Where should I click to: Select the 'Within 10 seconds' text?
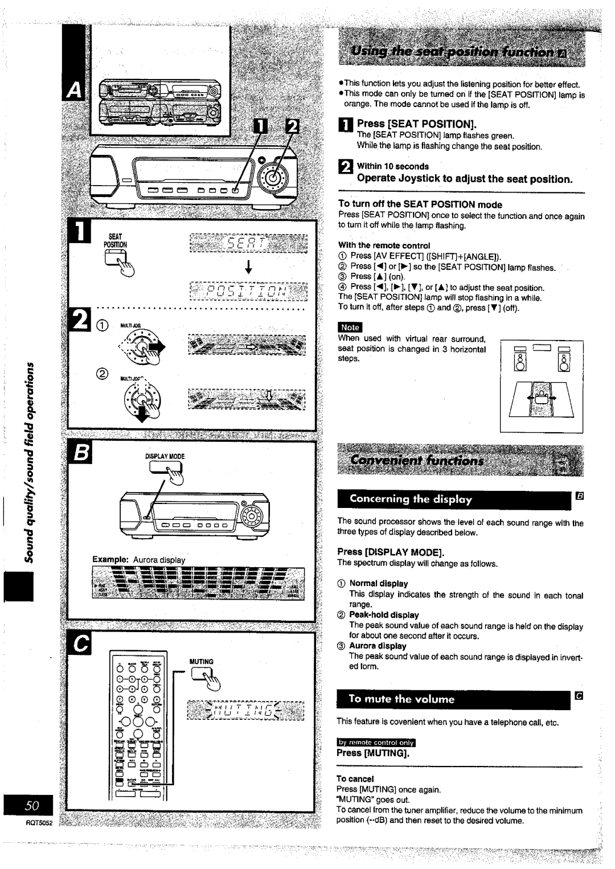[392, 166]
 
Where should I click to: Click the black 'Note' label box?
[350, 327]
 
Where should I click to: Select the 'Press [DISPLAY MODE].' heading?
[390, 552]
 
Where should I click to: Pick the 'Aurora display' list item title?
[378, 646]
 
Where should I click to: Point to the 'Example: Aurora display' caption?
[139, 560]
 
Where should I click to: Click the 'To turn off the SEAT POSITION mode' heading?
[420, 204]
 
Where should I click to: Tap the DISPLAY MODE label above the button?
[165, 456]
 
